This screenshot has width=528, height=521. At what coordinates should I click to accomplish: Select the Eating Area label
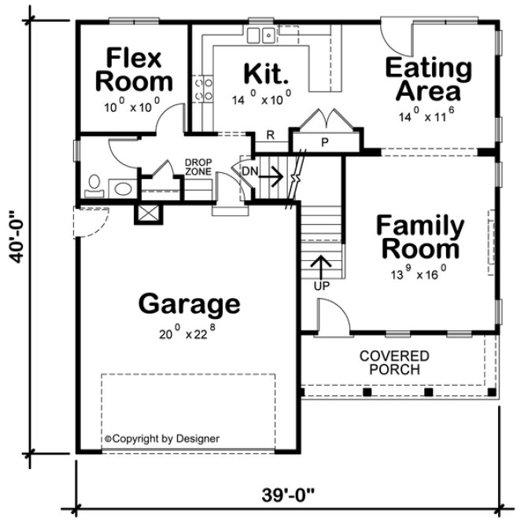(428, 79)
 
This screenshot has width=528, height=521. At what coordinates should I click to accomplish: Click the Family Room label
(419, 237)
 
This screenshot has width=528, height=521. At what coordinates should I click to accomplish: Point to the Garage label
(188, 303)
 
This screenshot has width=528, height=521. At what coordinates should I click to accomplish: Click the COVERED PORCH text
(394, 362)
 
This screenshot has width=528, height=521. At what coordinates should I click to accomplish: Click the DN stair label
(248, 169)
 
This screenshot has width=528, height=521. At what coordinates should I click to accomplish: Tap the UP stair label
(321, 285)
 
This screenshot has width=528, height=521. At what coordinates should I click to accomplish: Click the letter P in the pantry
(323, 142)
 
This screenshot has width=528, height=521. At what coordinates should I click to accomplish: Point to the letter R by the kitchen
(269, 135)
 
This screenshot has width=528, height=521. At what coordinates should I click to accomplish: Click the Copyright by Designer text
(162, 438)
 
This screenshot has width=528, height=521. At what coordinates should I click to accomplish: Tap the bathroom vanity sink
(122, 189)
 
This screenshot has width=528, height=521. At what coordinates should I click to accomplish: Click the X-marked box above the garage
(148, 212)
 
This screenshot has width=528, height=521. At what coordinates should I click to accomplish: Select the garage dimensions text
(186, 332)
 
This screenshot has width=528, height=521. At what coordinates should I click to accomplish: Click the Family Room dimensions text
(419, 274)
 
